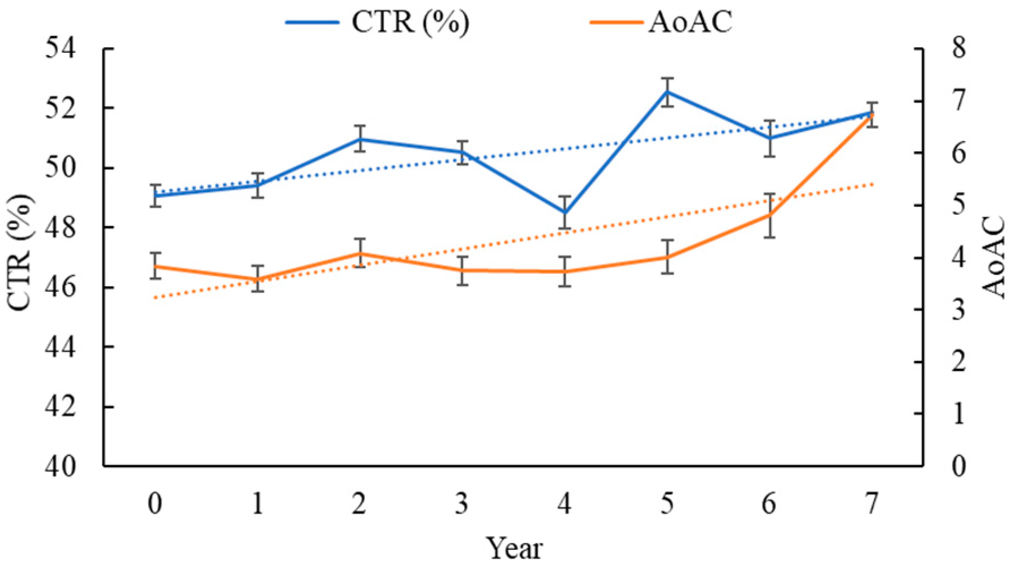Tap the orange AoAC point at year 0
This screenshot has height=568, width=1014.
click(x=156, y=267)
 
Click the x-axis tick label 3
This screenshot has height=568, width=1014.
click(x=462, y=505)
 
